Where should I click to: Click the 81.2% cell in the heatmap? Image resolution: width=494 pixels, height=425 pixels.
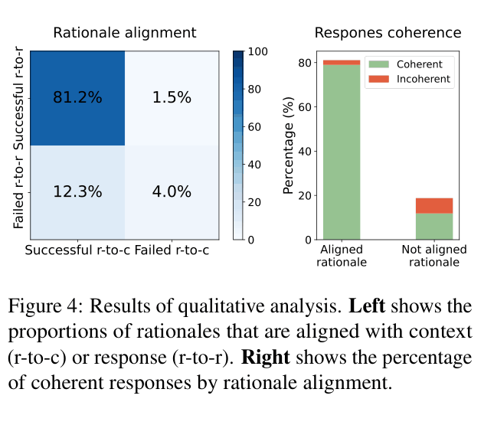pos(77,97)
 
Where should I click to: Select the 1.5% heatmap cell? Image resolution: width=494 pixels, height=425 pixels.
pos(172,97)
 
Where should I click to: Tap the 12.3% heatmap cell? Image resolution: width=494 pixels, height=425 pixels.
pos(77,192)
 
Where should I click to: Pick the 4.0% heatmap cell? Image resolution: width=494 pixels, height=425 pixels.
pos(172,192)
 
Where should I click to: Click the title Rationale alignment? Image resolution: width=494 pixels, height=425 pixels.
pos(124,33)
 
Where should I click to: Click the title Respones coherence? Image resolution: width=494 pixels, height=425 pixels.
pos(388,33)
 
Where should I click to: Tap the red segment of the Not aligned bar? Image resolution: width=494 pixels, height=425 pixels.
pos(434,205)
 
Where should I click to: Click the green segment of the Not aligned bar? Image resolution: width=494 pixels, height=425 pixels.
pos(434,227)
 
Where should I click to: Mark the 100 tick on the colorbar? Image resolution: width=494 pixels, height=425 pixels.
pos(258,51)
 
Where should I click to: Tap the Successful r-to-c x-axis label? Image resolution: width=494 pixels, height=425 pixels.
pos(77,250)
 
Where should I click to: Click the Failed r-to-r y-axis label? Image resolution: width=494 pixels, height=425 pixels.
pos(18,191)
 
